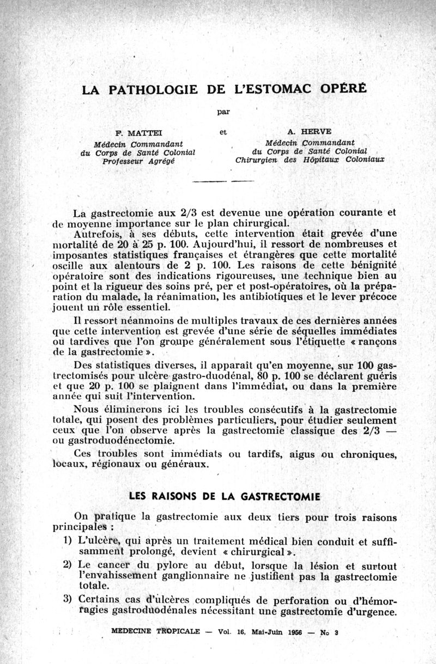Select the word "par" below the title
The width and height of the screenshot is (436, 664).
[x=222, y=112]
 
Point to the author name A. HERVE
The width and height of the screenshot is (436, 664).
[x=308, y=132]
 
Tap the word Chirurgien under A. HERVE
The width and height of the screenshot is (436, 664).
[x=259, y=160]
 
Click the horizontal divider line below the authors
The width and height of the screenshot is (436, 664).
[x=223, y=181]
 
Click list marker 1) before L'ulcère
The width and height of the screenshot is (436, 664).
[x=68, y=541]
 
